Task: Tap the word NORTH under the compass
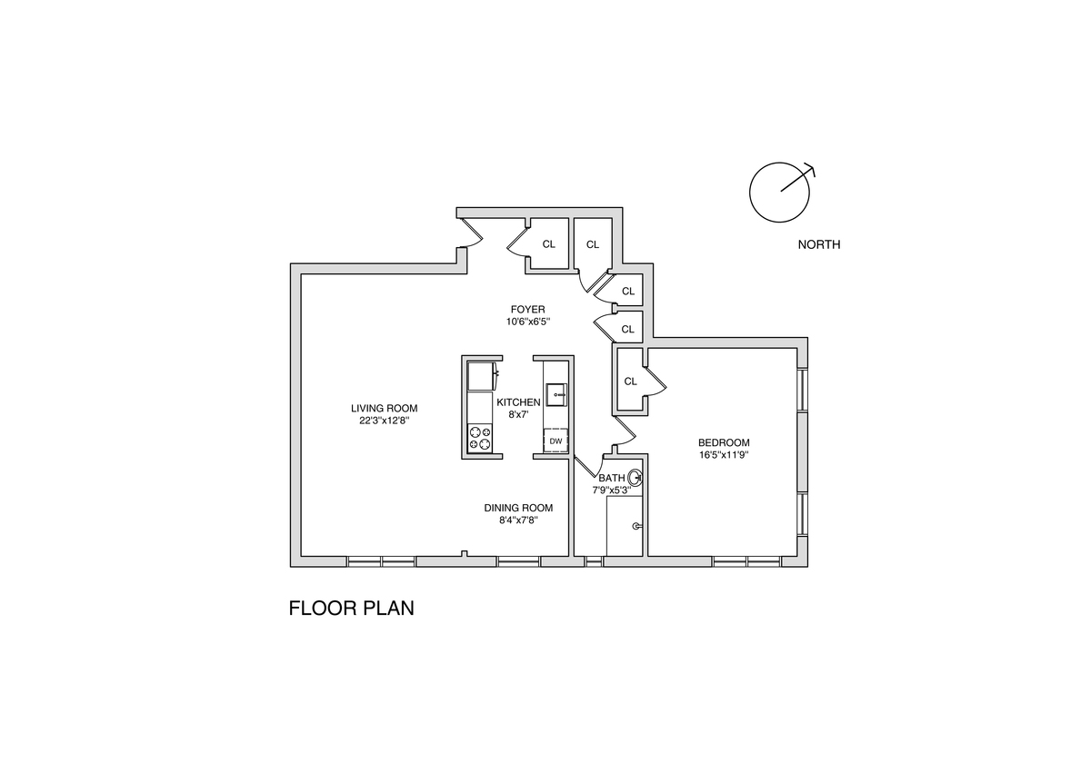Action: (x=818, y=244)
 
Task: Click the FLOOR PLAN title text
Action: (x=351, y=608)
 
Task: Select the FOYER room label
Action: (x=527, y=310)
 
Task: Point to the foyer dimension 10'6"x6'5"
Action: (x=527, y=322)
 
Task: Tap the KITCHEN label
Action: (x=518, y=402)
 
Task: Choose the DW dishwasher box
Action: (x=556, y=442)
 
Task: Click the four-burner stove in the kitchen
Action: (x=480, y=438)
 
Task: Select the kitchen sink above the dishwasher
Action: (x=556, y=395)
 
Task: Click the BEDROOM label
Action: (x=724, y=442)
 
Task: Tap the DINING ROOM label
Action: (x=518, y=509)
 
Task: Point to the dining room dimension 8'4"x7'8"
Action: (x=518, y=520)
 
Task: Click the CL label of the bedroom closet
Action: (x=630, y=382)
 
